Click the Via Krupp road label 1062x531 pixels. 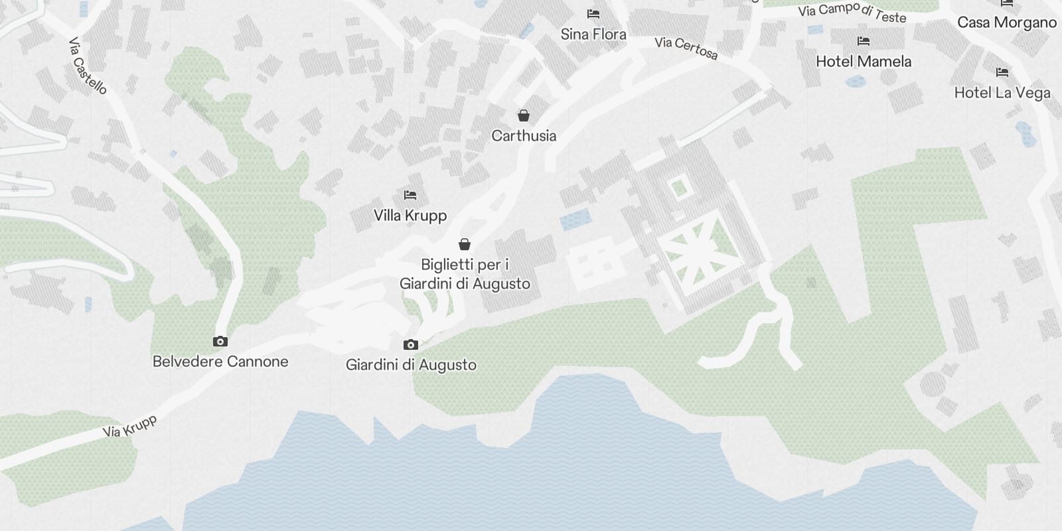[130, 426]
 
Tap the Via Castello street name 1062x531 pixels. [88, 66]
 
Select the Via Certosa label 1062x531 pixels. [686, 48]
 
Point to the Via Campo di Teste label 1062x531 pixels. [852, 13]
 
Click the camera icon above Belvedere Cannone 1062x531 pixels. [220, 342]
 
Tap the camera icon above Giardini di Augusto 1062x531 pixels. [411, 345]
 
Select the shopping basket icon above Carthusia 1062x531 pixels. [524, 116]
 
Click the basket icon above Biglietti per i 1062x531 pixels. [465, 245]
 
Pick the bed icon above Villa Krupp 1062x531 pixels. [410, 195]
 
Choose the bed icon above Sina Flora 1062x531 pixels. [593, 14]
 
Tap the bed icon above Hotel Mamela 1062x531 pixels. [864, 41]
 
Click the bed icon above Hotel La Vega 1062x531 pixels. [1002, 72]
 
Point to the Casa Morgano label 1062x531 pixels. [1007, 23]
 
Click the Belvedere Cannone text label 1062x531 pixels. [220, 362]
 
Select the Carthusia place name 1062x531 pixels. [524, 136]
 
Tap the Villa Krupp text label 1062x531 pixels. [410, 216]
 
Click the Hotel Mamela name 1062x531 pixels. [864, 62]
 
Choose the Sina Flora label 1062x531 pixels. [593, 35]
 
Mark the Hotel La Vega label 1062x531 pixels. [1002, 93]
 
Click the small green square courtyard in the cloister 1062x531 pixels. [678, 188]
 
